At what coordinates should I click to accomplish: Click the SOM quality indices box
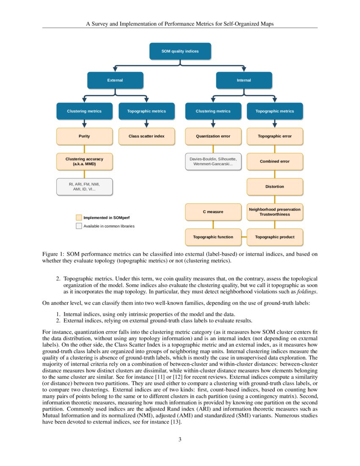click(x=180, y=51)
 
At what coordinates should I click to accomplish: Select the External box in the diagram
click(x=115, y=80)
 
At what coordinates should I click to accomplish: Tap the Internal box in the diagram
click(x=244, y=80)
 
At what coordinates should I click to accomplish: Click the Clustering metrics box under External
click(x=84, y=111)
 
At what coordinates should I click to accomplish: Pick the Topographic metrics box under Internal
click(x=274, y=111)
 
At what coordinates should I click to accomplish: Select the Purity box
click(x=84, y=136)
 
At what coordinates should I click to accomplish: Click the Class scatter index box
click(x=146, y=136)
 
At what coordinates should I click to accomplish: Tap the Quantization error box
click(x=213, y=136)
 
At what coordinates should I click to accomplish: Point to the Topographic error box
click(x=274, y=136)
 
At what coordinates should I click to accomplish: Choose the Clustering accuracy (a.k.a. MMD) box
click(x=84, y=161)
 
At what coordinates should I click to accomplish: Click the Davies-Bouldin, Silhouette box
click(x=213, y=161)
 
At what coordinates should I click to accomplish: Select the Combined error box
click(x=274, y=161)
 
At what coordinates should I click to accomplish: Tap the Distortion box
click(x=274, y=186)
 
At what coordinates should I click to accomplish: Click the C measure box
click(x=213, y=212)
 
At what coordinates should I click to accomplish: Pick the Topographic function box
click(x=213, y=237)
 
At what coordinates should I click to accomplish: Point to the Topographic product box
click(x=274, y=237)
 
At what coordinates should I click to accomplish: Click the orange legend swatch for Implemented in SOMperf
click(x=79, y=217)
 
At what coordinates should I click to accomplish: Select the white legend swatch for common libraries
click(x=79, y=226)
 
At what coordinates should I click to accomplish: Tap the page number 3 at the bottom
click(x=180, y=439)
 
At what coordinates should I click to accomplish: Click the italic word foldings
click(x=307, y=292)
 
